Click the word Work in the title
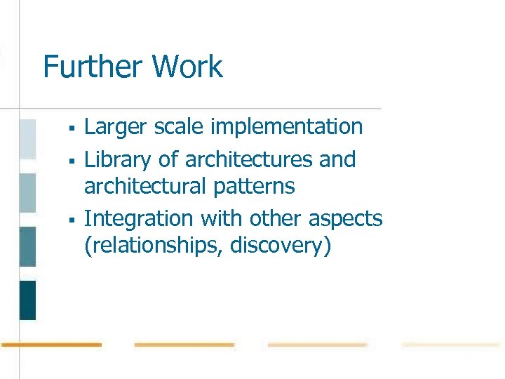click(187, 67)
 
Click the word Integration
click(139, 219)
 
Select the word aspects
click(346, 220)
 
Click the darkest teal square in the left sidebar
click(27, 300)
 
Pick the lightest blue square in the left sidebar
click(27, 139)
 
